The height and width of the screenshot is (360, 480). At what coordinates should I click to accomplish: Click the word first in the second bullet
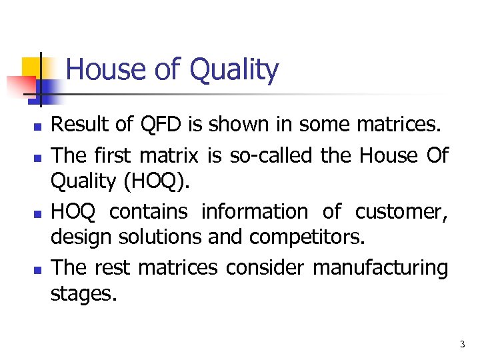[111, 155]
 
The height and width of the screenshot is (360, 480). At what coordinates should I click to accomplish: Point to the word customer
[401, 211]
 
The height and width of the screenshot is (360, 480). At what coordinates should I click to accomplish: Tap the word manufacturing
[380, 268]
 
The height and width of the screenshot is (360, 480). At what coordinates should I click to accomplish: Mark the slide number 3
[461, 344]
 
